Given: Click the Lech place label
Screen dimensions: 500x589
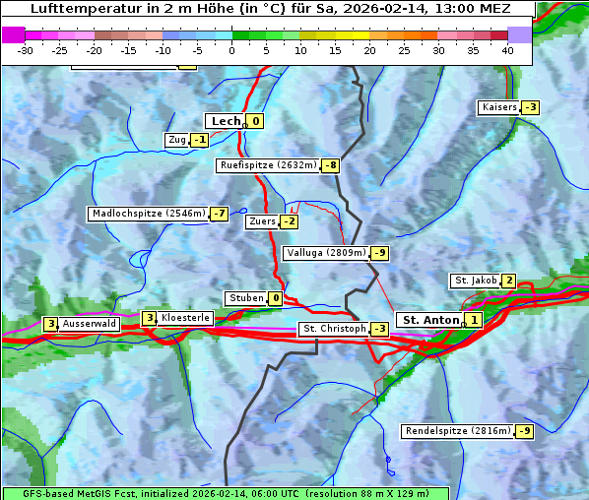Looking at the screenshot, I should click(x=226, y=121).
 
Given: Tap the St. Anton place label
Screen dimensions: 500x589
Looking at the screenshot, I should click(x=430, y=320).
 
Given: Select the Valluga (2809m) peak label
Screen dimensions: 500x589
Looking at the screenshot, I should click(x=326, y=253).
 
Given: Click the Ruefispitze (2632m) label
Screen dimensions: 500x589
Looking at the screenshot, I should click(x=268, y=165).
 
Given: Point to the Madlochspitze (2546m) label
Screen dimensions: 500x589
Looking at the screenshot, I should click(x=148, y=214).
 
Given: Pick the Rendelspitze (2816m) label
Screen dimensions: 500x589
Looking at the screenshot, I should click(x=459, y=431).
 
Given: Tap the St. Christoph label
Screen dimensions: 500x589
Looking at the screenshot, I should click(x=333, y=329).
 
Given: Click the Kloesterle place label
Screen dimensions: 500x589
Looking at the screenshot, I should click(x=185, y=318).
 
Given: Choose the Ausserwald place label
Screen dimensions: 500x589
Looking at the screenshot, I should click(x=89, y=323).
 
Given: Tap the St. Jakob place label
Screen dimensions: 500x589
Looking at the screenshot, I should click(x=475, y=281).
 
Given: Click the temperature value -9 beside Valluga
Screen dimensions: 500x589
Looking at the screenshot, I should click(x=380, y=253).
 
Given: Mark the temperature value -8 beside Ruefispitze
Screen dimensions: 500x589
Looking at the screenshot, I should click(x=330, y=165).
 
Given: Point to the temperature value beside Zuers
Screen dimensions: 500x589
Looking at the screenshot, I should click(x=289, y=221).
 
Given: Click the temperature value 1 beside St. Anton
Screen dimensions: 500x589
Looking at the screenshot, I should click(x=474, y=320).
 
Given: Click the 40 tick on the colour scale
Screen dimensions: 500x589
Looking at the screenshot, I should click(x=507, y=49).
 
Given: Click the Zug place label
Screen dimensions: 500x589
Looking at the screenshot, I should click(x=177, y=140).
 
